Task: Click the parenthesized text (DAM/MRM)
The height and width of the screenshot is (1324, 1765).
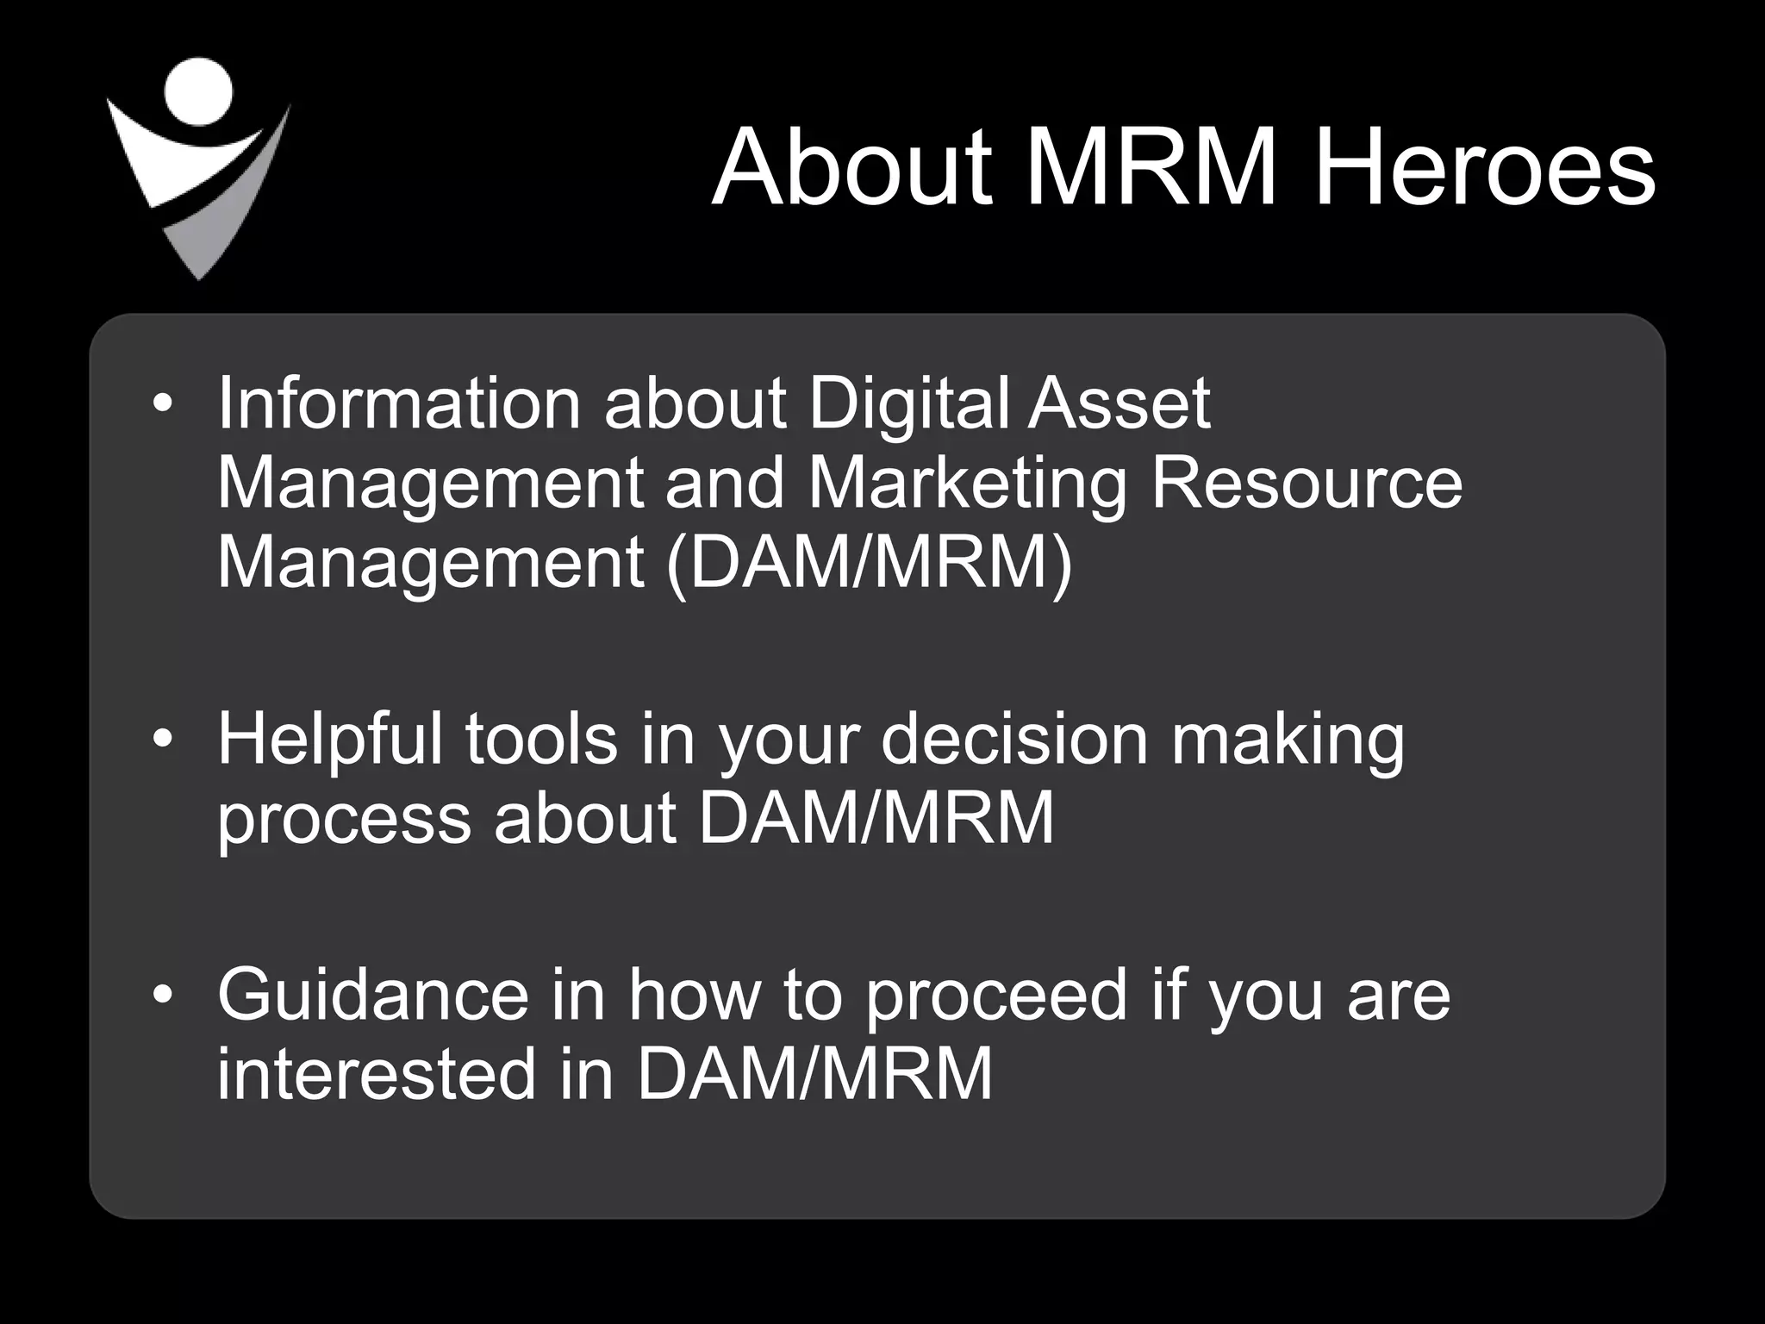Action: (x=870, y=562)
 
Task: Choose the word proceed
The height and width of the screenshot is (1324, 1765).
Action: (x=996, y=996)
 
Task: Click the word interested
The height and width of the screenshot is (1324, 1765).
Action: (x=377, y=1074)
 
